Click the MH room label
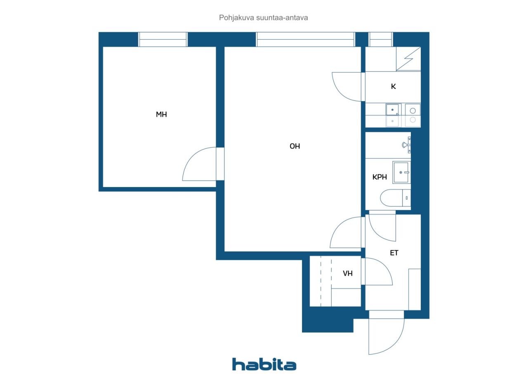(x=161, y=115)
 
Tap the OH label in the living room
(x=295, y=146)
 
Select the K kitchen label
(x=393, y=87)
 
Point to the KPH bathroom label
(x=379, y=177)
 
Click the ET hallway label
(x=394, y=253)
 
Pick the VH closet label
(x=348, y=273)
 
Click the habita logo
(x=264, y=364)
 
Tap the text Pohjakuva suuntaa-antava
(x=264, y=18)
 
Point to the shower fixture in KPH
(x=406, y=145)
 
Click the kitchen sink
(x=393, y=115)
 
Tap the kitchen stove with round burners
(x=412, y=115)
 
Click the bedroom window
(x=163, y=40)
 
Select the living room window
(x=305, y=40)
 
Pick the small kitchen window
(x=380, y=40)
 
